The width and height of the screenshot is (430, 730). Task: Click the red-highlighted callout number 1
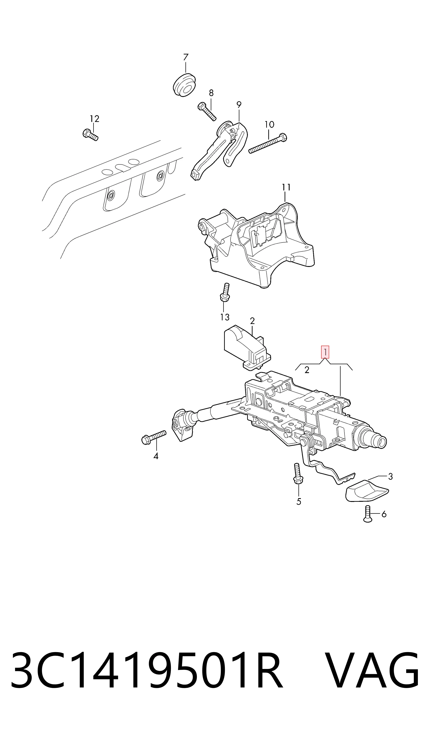pos(325,352)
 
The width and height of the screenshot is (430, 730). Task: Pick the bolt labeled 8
pos(207,111)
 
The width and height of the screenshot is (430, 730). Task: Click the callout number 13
pos(225,317)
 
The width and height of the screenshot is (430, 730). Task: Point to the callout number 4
pos(156,456)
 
